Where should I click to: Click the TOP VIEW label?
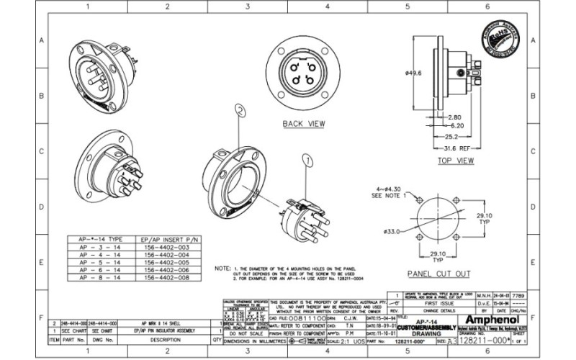point(454,161)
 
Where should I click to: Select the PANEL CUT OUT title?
point(438,274)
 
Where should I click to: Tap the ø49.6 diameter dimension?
point(413,73)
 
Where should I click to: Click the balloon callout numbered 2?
point(240,110)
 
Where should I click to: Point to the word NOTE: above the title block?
point(222,268)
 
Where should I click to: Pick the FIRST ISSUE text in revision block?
point(438,303)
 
